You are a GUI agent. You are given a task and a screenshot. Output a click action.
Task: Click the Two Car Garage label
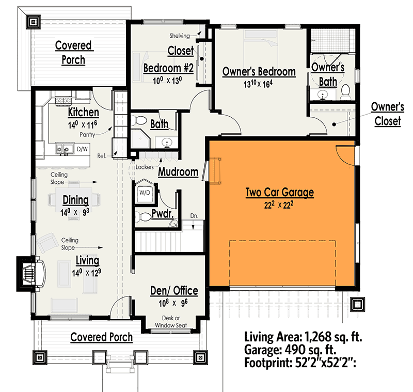click(279, 193)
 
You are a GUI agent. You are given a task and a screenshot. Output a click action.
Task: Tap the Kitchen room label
click(83, 113)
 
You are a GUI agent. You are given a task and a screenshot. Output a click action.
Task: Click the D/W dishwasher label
click(82, 149)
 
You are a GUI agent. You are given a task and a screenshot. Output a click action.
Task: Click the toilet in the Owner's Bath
click(345, 92)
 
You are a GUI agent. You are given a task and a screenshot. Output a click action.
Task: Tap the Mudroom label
click(178, 172)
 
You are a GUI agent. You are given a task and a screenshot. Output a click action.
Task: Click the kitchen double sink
click(64, 149)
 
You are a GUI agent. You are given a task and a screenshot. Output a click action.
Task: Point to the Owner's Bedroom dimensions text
click(259, 85)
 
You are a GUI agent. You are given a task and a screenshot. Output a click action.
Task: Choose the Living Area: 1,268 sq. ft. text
click(303, 338)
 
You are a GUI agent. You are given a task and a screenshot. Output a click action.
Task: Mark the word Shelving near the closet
click(180, 36)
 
